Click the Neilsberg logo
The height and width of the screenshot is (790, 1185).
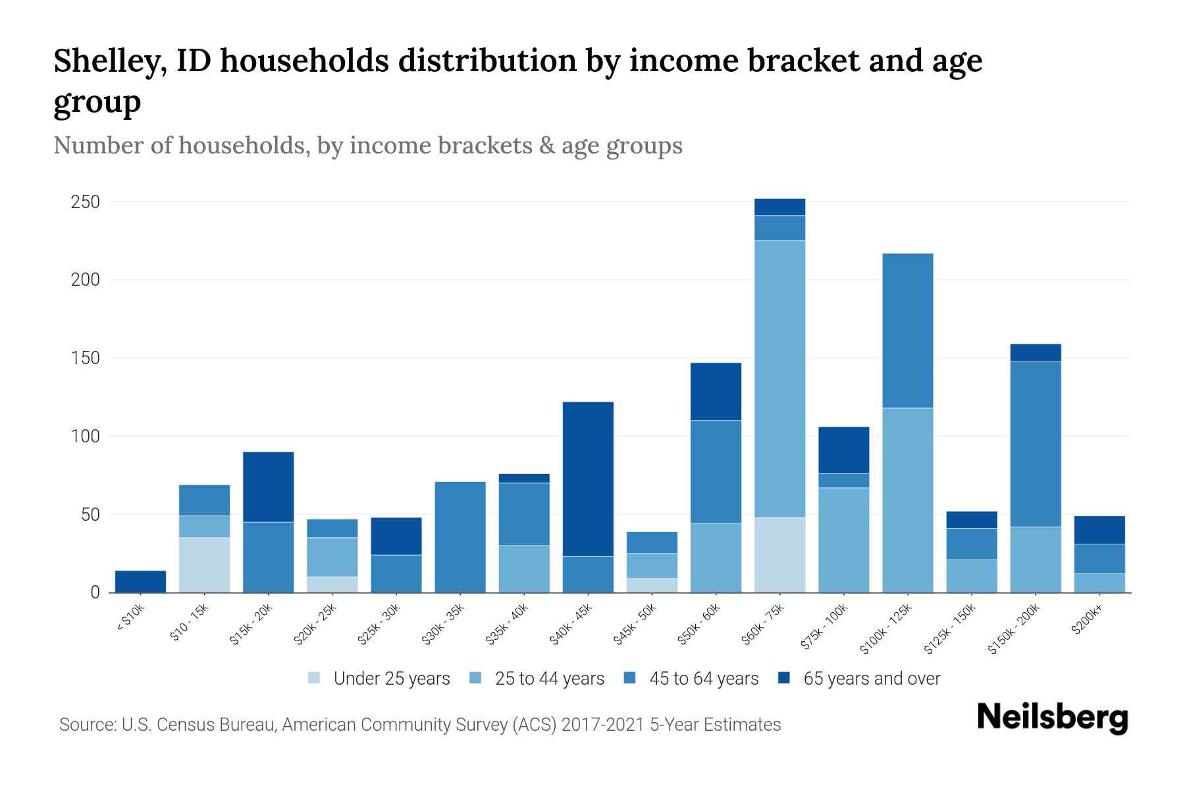(1052, 718)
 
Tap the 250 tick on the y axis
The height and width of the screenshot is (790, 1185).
(85, 202)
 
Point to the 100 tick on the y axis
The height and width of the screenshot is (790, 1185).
(85, 436)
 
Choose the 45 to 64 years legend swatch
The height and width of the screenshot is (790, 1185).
(630, 678)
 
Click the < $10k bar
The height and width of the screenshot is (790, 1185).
(140, 581)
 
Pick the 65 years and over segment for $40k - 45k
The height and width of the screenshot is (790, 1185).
(588, 479)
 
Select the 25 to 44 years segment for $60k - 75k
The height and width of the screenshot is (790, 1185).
(779, 379)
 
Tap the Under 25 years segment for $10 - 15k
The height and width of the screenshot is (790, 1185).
(204, 565)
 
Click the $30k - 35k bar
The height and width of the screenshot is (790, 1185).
(460, 537)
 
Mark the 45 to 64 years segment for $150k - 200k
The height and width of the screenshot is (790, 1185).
(1035, 444)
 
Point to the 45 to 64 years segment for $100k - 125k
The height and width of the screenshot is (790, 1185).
(907, 330)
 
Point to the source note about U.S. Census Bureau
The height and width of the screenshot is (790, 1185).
(419, 725)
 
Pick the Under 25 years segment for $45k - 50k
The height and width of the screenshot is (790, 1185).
(652, 585)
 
